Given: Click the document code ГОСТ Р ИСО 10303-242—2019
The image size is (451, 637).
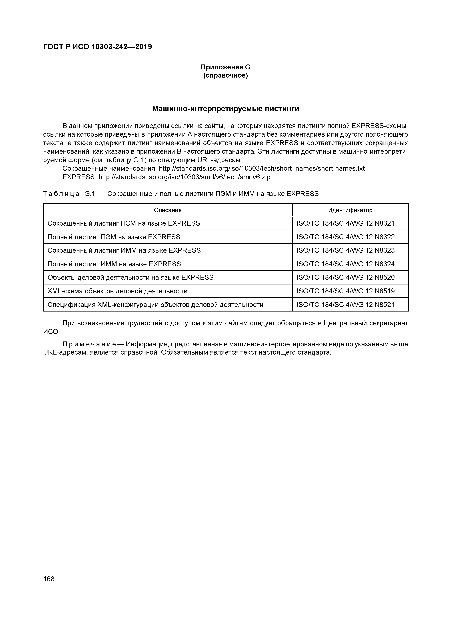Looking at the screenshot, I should tap(97, 47).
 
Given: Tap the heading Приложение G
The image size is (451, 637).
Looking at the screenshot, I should tap(225, 67).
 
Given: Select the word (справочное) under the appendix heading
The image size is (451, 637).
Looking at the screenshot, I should tap(225, 75).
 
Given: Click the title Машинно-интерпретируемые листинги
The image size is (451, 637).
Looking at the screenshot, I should tap(225, 109).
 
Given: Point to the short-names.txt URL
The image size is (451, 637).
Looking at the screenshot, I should tap(262, 168).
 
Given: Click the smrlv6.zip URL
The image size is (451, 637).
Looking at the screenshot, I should tap(184, 177).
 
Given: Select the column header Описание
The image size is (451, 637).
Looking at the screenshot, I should tap(168, 210).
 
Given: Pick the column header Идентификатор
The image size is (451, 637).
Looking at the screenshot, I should tap(350, 210).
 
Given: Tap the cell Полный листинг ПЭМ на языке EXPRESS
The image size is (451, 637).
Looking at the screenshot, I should tap(114, 237).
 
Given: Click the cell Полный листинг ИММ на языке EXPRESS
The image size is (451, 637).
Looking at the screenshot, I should tap(114, 264).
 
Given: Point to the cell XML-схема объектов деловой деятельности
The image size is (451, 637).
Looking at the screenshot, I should tap(117, 291).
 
